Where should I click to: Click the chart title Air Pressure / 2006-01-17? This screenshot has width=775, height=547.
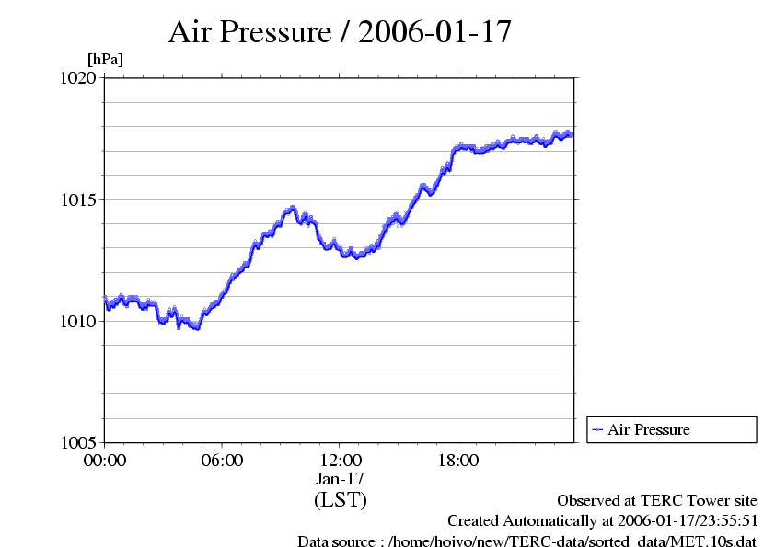point(340,32)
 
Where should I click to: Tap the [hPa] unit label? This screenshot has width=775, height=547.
point(105,60)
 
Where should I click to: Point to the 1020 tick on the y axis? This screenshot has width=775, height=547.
point(78,78)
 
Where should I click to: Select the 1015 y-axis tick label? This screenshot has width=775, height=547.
point(78,199)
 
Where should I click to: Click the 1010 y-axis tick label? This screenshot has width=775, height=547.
point(78,321)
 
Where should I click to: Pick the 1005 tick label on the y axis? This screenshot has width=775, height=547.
point(78,442)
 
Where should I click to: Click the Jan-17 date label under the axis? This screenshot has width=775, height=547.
point(341,479)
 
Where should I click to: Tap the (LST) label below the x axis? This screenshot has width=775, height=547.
point(341,500)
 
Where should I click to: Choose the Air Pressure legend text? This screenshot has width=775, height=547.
point(648,429)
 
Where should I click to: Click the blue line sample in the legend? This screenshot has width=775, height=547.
point(597,429)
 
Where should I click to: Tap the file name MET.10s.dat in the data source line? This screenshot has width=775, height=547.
point(714,541)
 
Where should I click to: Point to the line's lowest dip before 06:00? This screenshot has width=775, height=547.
point(196,327)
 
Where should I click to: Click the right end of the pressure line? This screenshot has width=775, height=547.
point(571,134)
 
